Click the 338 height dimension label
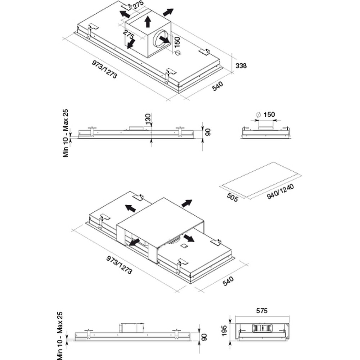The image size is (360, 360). tap(241, 66)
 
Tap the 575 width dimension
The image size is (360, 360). tap(262, 311)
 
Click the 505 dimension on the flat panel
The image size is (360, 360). tap(233, 197)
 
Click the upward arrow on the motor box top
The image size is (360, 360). tap(148, 22)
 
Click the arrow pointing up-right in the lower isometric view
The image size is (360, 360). tap(187, 203)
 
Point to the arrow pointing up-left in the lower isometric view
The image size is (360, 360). tap(130, 208)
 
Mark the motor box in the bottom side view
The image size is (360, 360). tap(131, 328)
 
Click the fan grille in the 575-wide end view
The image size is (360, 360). tap(262, 328)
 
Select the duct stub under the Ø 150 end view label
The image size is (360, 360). tap(266, 125)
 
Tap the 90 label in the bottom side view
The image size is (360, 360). tap(204, 337)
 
